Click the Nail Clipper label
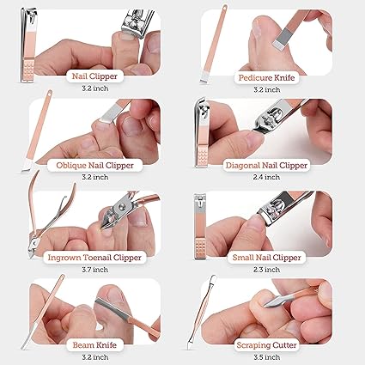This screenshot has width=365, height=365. click(x=94, y=76)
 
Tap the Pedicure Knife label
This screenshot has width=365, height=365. click(x=269, y=76)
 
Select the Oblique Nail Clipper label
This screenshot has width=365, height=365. click(x=94, y=165)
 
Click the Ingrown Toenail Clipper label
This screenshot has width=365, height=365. click(x=94, y=255)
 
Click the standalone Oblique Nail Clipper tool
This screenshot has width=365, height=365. click(x=40, y=133)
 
